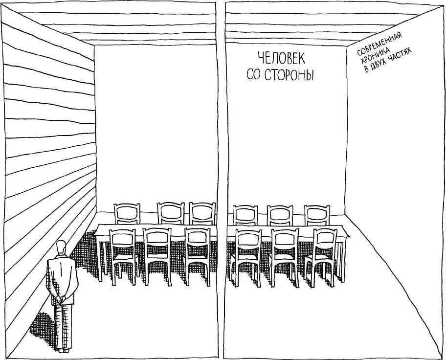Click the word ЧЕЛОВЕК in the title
[281, 59]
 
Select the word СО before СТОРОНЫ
[254, 75]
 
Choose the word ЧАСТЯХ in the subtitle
[401, 55]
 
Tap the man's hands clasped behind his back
[60, 298]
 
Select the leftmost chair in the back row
[127, 214]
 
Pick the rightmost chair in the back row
[317, 215]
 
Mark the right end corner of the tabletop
[350, 236]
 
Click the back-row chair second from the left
[171, 213]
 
